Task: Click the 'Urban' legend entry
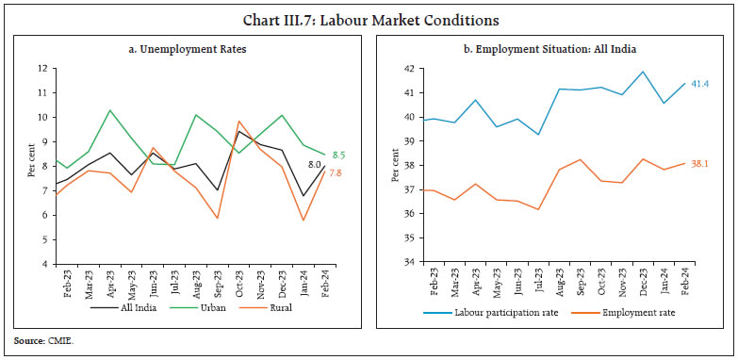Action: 199,307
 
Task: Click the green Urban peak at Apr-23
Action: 110,110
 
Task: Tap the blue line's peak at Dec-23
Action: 642,72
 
